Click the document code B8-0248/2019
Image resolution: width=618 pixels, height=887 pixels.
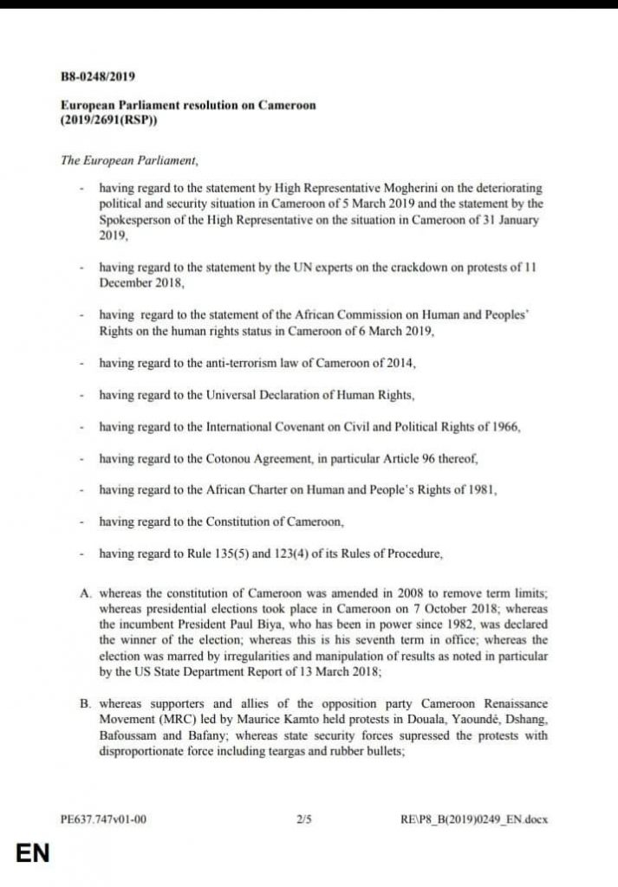[x=98, y=77]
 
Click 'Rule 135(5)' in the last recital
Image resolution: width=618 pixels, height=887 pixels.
[x=214, y=554]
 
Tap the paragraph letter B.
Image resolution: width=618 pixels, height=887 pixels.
[x=86, y=704]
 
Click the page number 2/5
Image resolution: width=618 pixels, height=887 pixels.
[x=302, y=816]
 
